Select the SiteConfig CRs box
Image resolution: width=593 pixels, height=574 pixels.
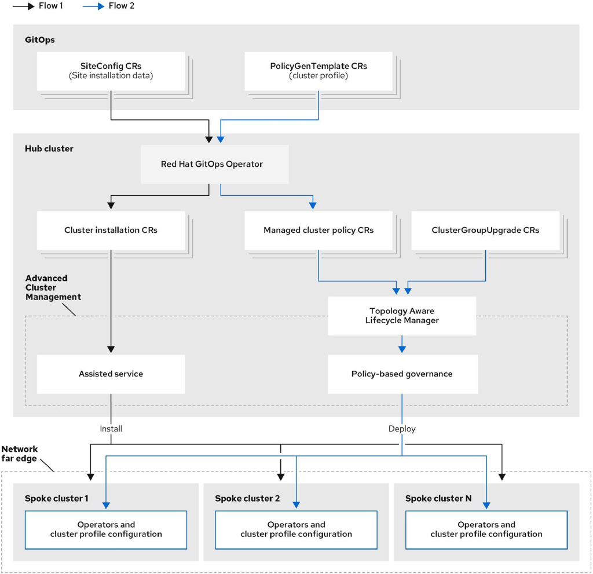111,71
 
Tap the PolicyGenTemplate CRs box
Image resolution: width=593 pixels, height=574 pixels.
319,71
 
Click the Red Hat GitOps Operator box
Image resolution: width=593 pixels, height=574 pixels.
212,164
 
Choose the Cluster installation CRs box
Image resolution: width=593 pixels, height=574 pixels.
111,230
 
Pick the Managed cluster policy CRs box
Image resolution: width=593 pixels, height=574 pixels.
319,230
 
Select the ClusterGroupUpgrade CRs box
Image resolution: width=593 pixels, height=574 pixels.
485,230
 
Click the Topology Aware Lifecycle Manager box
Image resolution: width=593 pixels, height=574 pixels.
402,316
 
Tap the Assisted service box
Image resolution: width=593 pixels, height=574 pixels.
111,374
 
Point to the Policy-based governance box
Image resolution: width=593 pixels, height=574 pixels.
402,374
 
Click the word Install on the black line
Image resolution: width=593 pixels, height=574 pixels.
111,429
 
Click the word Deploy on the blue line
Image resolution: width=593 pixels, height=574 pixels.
402,429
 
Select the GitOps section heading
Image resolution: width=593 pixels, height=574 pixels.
40,41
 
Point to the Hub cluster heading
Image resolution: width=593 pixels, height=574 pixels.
49,149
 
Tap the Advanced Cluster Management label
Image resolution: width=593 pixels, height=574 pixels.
53,287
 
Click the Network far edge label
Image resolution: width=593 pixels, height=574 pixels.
20,454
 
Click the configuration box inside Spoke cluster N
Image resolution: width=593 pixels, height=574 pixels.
486,529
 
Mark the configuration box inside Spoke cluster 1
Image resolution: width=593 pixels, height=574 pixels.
106,529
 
